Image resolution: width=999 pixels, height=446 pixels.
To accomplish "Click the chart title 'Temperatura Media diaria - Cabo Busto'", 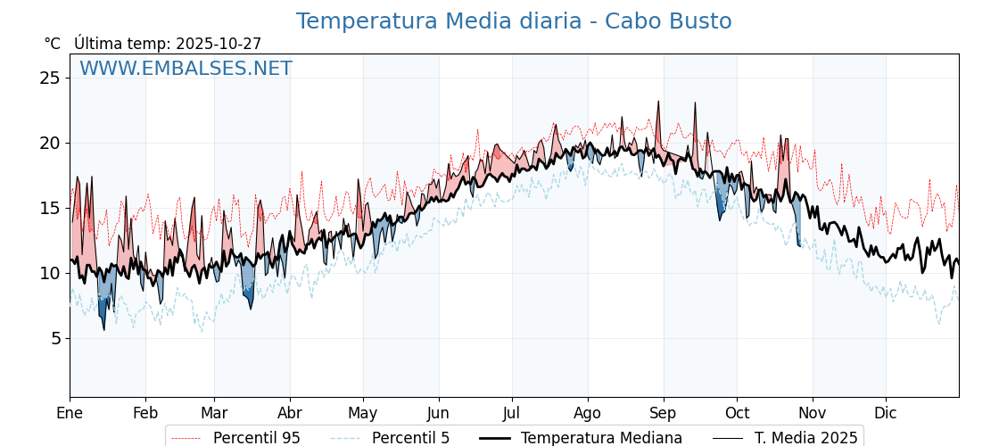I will [x=514, y=21].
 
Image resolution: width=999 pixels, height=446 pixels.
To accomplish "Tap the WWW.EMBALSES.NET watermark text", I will [x=186, y=69].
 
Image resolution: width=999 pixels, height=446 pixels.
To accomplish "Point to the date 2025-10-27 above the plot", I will [x=219, y=44].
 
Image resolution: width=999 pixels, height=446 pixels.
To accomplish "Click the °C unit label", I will [x=52, y=44].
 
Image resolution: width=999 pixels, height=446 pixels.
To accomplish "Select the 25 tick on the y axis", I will [x=50, y=78].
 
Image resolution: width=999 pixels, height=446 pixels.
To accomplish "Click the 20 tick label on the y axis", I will [x=50, y=143].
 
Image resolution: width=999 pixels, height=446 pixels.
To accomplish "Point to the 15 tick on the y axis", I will [x=50, y=208].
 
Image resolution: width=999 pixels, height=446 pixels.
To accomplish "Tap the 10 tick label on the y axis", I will [x=50, y=273].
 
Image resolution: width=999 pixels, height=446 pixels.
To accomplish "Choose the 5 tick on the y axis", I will [x=54, y=338].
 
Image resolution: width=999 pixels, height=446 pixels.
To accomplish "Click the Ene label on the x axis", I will [x=70, y=413].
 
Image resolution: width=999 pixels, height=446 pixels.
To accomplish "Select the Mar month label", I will [x=214, y=413].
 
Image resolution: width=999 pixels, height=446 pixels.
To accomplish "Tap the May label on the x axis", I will [x=362, y=413].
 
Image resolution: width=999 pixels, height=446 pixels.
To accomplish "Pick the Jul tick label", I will [x=512, y=413].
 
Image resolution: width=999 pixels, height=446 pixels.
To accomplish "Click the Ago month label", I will [x=588, y=413].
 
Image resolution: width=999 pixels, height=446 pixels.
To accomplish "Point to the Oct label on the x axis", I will [x=737, y=413].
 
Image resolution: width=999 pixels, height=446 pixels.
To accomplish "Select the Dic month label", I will [x=886, y=413].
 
